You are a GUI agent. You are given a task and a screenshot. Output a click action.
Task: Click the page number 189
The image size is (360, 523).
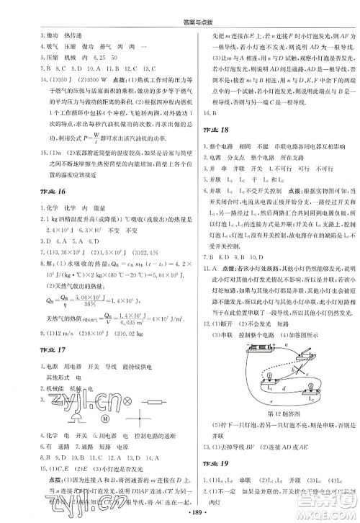pyautogui.click(x=180, y=514)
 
